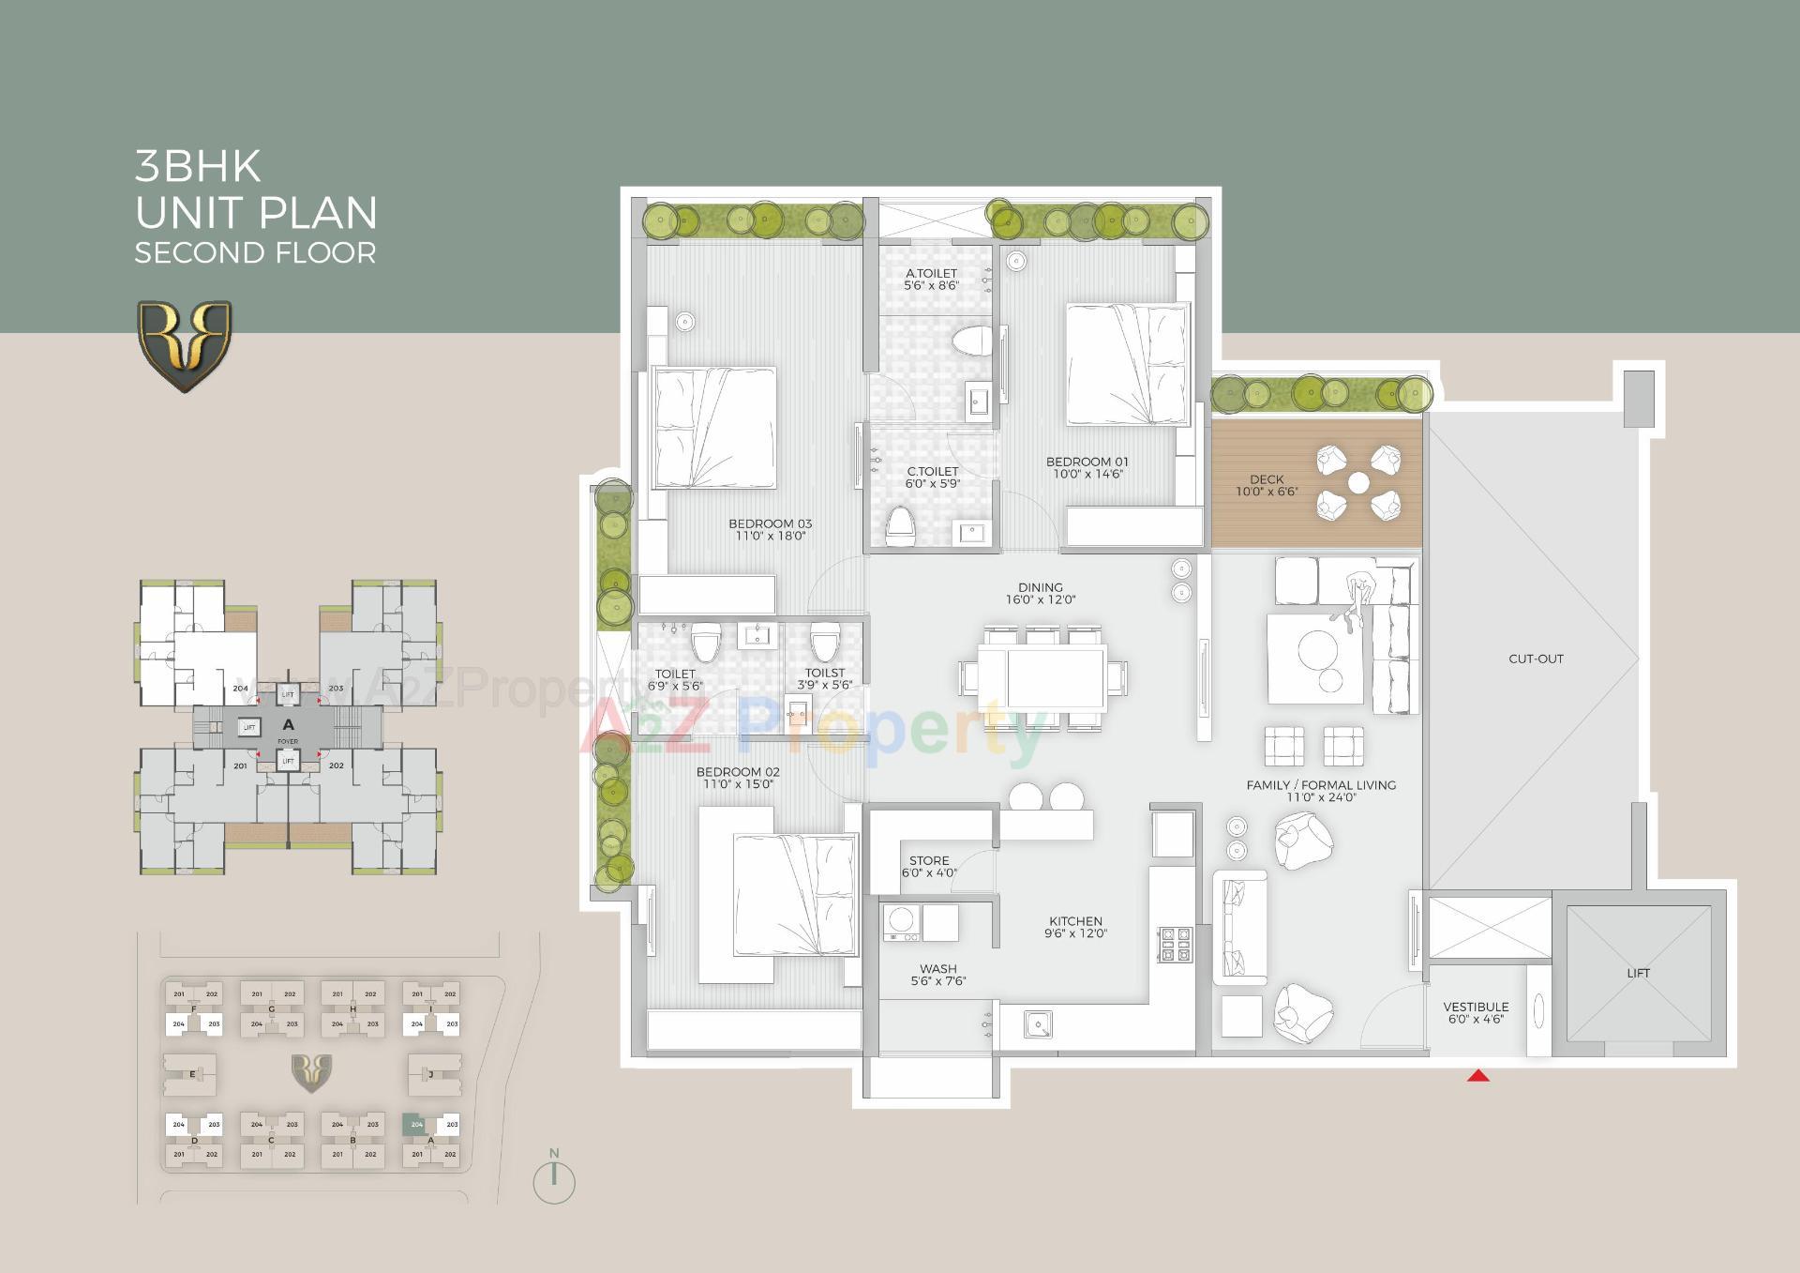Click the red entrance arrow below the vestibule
(1478, 1075)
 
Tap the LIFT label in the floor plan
(1638, 973)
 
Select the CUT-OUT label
(1536, 659)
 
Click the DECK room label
(1267, 479)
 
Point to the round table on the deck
(1357, 483)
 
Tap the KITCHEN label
(1075, 921)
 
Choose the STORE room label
(929, 860)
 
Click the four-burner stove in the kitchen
(1176, 944)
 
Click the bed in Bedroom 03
(715, 427)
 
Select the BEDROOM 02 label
(738, 772)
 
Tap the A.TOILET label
(931, 273)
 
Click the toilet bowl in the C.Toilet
(900, 525)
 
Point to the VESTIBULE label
(1476, 1007)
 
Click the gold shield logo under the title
(185, 344)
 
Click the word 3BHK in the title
(198, 166)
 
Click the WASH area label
(937, 969)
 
